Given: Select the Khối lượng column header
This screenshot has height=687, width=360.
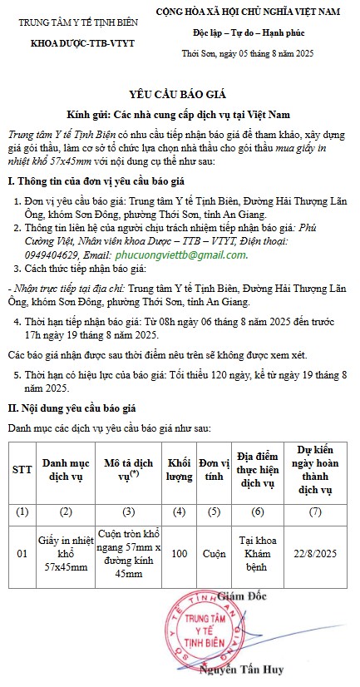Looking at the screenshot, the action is click(179, 470).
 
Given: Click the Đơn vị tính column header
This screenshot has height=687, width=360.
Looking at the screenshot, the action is click(215, 470).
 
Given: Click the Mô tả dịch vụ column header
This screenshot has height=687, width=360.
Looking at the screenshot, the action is click(129, 470).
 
